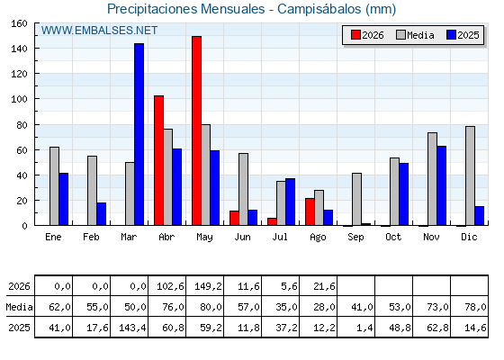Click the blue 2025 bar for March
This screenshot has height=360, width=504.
[139, 134]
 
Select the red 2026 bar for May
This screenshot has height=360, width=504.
[197, 130]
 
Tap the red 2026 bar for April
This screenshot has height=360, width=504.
[158, 160]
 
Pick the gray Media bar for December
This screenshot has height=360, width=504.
[470, 175]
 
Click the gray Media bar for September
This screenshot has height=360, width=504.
[356, 199]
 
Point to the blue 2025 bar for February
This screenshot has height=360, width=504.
[101, 214]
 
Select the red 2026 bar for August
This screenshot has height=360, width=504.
[310, 211]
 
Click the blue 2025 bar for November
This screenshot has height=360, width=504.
[442, 185]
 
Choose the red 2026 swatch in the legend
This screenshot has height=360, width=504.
[355, 35]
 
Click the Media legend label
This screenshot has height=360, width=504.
[420, 35]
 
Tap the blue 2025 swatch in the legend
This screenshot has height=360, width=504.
[451, 35]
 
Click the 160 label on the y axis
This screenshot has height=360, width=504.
[19, 23]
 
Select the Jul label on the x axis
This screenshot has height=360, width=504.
[280, 237]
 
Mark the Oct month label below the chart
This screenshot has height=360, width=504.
[393, 237]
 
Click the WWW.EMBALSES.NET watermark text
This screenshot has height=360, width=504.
[99, 31]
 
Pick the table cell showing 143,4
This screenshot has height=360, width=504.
[130, 328]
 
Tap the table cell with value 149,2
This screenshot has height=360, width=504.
[205, 286]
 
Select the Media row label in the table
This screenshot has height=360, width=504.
[19, 307]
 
